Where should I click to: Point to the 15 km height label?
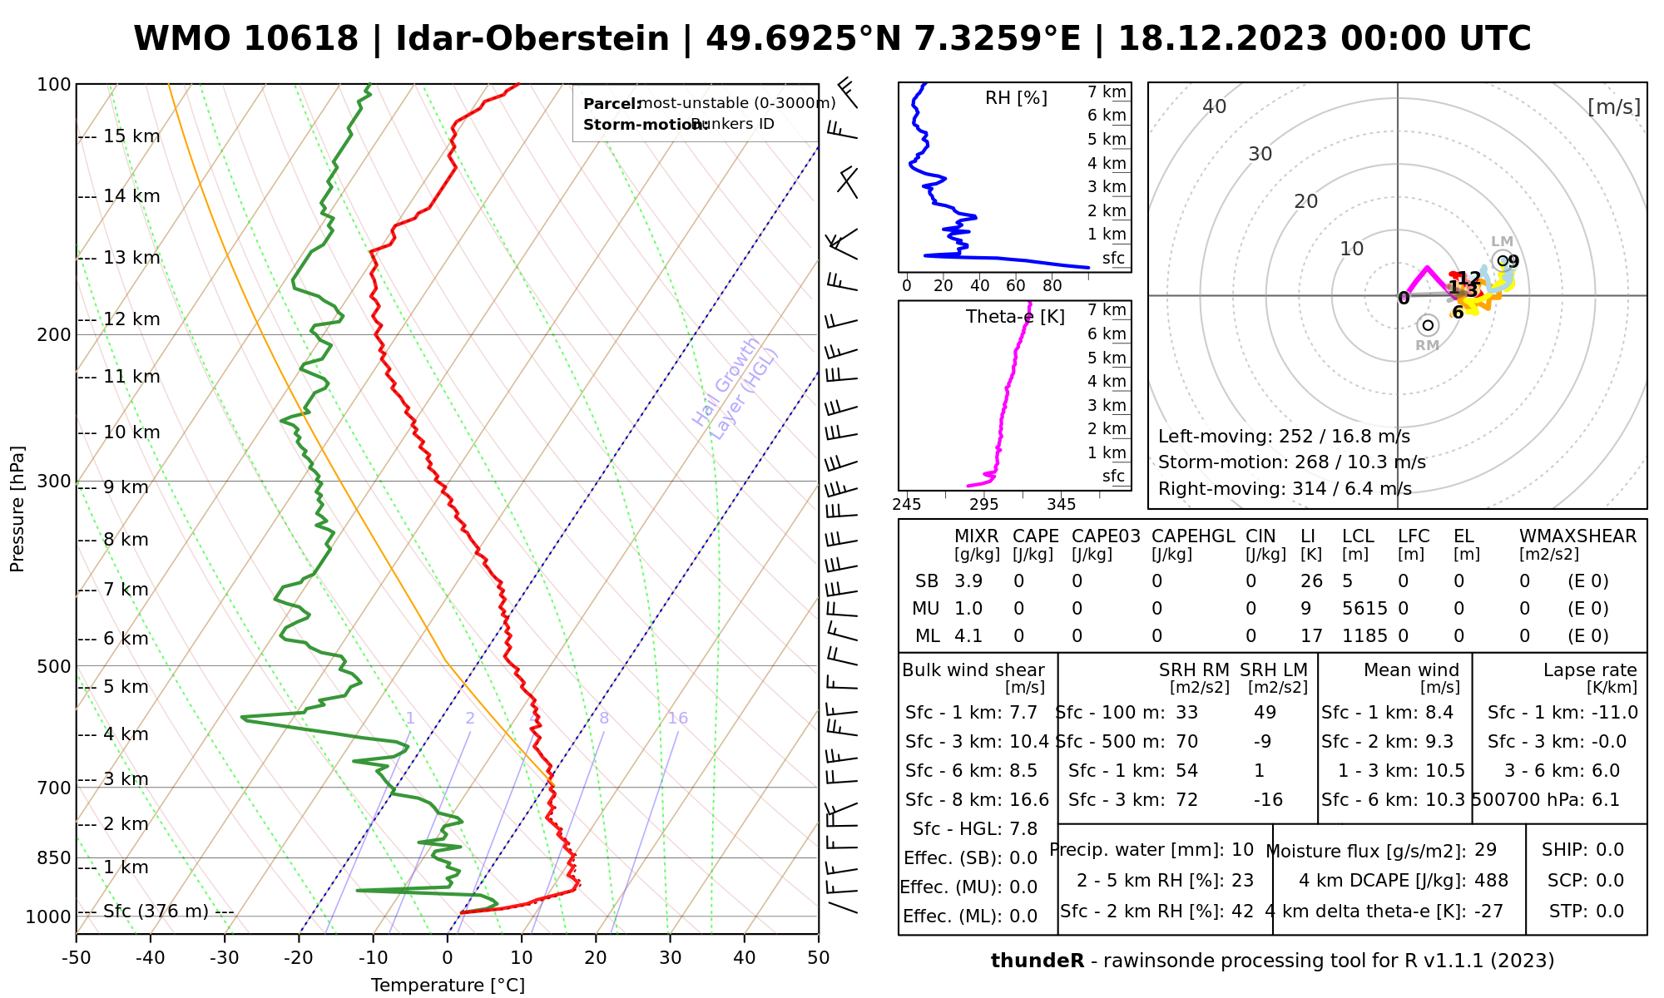point(131,136)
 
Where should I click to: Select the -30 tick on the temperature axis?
point(225,958)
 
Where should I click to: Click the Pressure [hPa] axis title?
point(17,509)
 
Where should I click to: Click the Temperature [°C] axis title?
point(448,986)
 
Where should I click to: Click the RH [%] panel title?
point(1016,98)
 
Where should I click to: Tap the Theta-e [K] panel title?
point(1015,317)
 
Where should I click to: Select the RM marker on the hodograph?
point(1429,325)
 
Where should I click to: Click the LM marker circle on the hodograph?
point(1503,260)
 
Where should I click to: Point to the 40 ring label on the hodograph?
point(1215,106)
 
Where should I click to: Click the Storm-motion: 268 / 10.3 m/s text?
point(1291,462)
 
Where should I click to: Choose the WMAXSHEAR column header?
point(1577,536)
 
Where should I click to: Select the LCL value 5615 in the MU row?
point(1364,609)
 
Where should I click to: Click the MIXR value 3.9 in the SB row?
point(968,581)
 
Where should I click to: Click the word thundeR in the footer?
point(1037,961)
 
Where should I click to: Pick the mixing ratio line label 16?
point(678,719)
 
